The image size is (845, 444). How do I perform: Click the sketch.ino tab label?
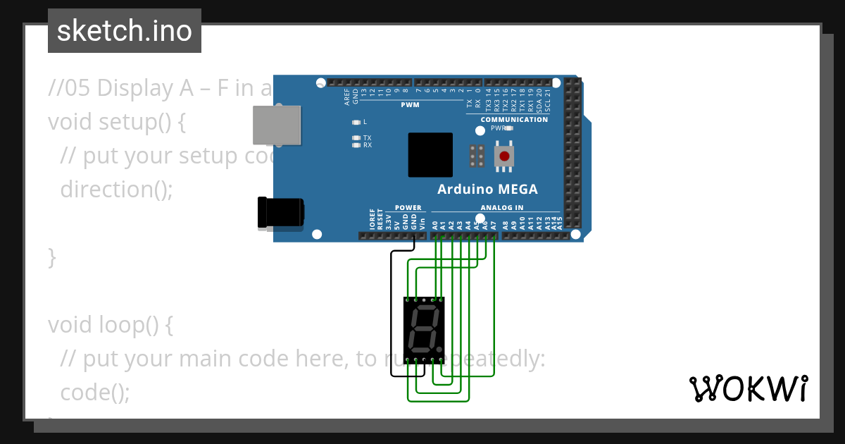pos(125,31)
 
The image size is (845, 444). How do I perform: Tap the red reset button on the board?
pos(503,156)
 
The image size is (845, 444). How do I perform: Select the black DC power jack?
pos(280,212)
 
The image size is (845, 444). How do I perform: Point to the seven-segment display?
pos(424,328)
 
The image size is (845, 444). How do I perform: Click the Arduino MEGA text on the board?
pos(487,189)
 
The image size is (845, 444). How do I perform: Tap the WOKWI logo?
pos(748,388)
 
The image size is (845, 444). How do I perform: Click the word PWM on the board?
pos(410,105)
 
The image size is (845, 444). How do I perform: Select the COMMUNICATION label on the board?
pos(514,119)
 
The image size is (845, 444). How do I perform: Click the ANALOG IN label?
pos(502,208)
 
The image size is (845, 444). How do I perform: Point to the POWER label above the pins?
pos(408,208)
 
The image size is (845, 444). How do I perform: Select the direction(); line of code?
pos(116,190)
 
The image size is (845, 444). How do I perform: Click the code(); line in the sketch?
pos(95,393)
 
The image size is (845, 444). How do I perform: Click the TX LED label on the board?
pos(367,138)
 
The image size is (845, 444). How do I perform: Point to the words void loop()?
pos(110,325)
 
